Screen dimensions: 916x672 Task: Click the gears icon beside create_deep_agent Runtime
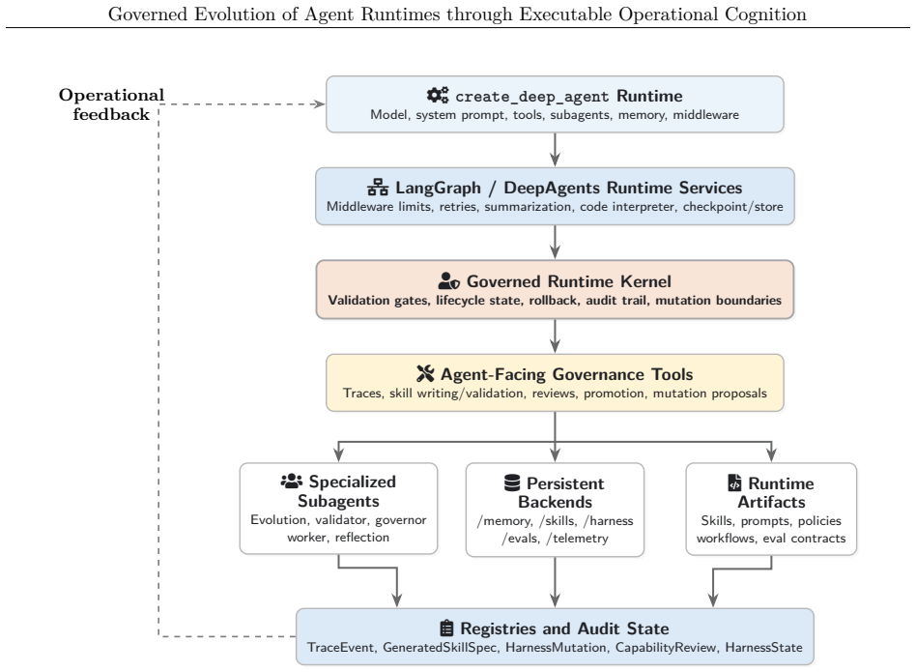coord(438,96)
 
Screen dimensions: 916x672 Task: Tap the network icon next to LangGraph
coord(378,187)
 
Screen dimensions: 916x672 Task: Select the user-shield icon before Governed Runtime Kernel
coord(448,281)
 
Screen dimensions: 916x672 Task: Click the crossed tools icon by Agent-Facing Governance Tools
coord(425,373)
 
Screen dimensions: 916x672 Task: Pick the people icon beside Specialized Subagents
coord(292,481)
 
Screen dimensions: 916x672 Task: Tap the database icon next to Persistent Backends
coord(512,483)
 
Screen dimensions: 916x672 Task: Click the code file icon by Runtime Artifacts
coord(734,483)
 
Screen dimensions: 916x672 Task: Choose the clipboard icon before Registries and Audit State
coord(446,628)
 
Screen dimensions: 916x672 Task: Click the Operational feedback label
coord(111,104)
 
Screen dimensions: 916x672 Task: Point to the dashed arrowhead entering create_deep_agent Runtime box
coord(320,104)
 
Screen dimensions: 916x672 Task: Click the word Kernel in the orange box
coord(645,281)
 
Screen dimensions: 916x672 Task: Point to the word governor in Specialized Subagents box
coord(401,520)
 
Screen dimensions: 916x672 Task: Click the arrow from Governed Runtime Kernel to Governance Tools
coord(555,336)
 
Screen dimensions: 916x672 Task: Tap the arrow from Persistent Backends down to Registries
coord(555,582)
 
